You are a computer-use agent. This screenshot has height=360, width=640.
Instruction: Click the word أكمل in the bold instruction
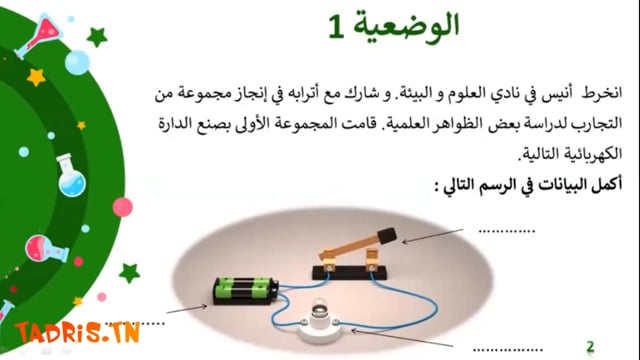click(x=606, y=184)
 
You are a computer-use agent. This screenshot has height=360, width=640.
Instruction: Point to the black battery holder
click(x=246, y=291)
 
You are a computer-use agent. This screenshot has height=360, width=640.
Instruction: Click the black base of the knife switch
click(x=349, y=273)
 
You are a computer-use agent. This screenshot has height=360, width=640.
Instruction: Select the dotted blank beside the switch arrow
click(x=507, y=232)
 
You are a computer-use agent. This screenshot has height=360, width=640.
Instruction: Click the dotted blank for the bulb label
click(x=508, y=350)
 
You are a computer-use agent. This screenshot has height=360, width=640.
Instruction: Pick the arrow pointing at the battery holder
click(x=187, y=309)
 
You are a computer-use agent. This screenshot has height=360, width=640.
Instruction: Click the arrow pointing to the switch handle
click(x=433, y=236)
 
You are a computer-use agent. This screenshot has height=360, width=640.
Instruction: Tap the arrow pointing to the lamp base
click(x=402, y=338)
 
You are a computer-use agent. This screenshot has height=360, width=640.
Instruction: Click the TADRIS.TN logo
click(x=78, y=333)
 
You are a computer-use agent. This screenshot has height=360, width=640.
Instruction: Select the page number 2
click(x=590, y=347)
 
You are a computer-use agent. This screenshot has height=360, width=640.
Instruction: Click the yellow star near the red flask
click(x=36, y=77)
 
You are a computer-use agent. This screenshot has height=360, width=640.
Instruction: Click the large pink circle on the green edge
click(x=122, y=207)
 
